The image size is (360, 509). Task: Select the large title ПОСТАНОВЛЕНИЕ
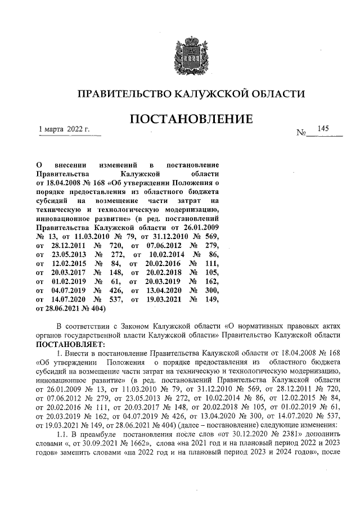[x=191, y=119]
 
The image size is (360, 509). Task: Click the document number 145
[x=323, y=129]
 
